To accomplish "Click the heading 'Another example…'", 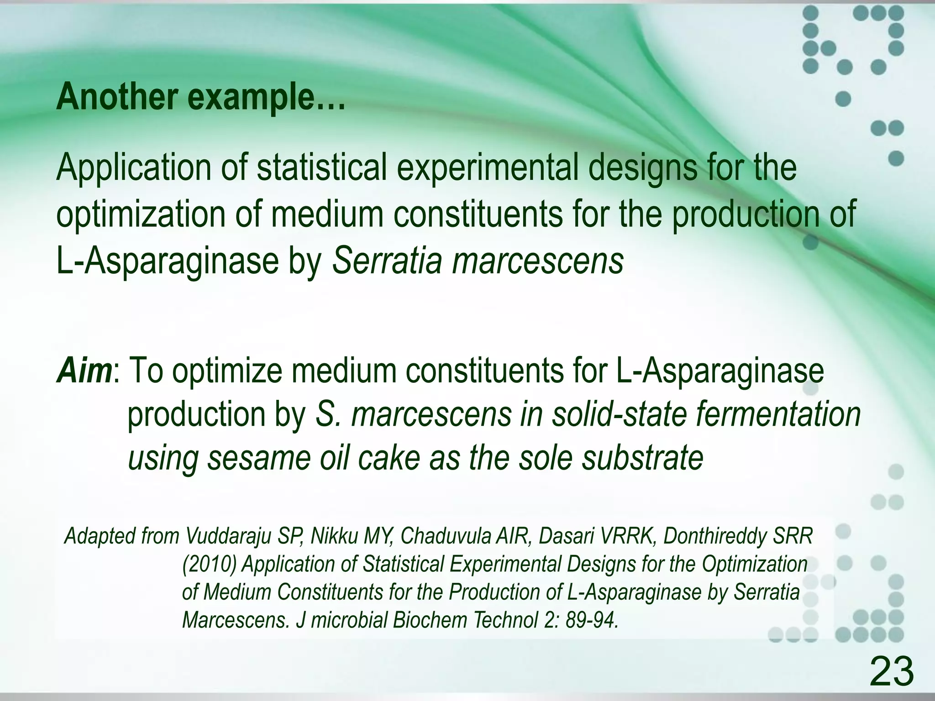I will click(x=200, y=97).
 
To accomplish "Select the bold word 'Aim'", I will click(x=84, y=371).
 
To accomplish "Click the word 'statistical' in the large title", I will click(x=322, y=167).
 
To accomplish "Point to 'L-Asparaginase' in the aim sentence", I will click(x=720, y=371).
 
